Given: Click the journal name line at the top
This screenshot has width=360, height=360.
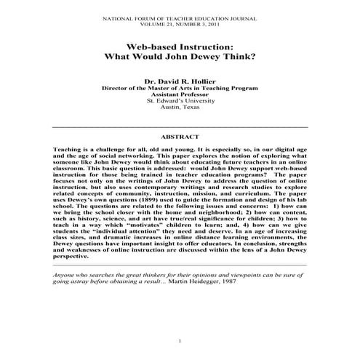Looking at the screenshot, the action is click(x=180, y=15).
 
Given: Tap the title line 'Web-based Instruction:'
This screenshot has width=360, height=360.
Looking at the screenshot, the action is click(x=180, y=44).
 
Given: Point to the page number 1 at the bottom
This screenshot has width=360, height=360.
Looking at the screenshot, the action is click(x=180, y=342).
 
